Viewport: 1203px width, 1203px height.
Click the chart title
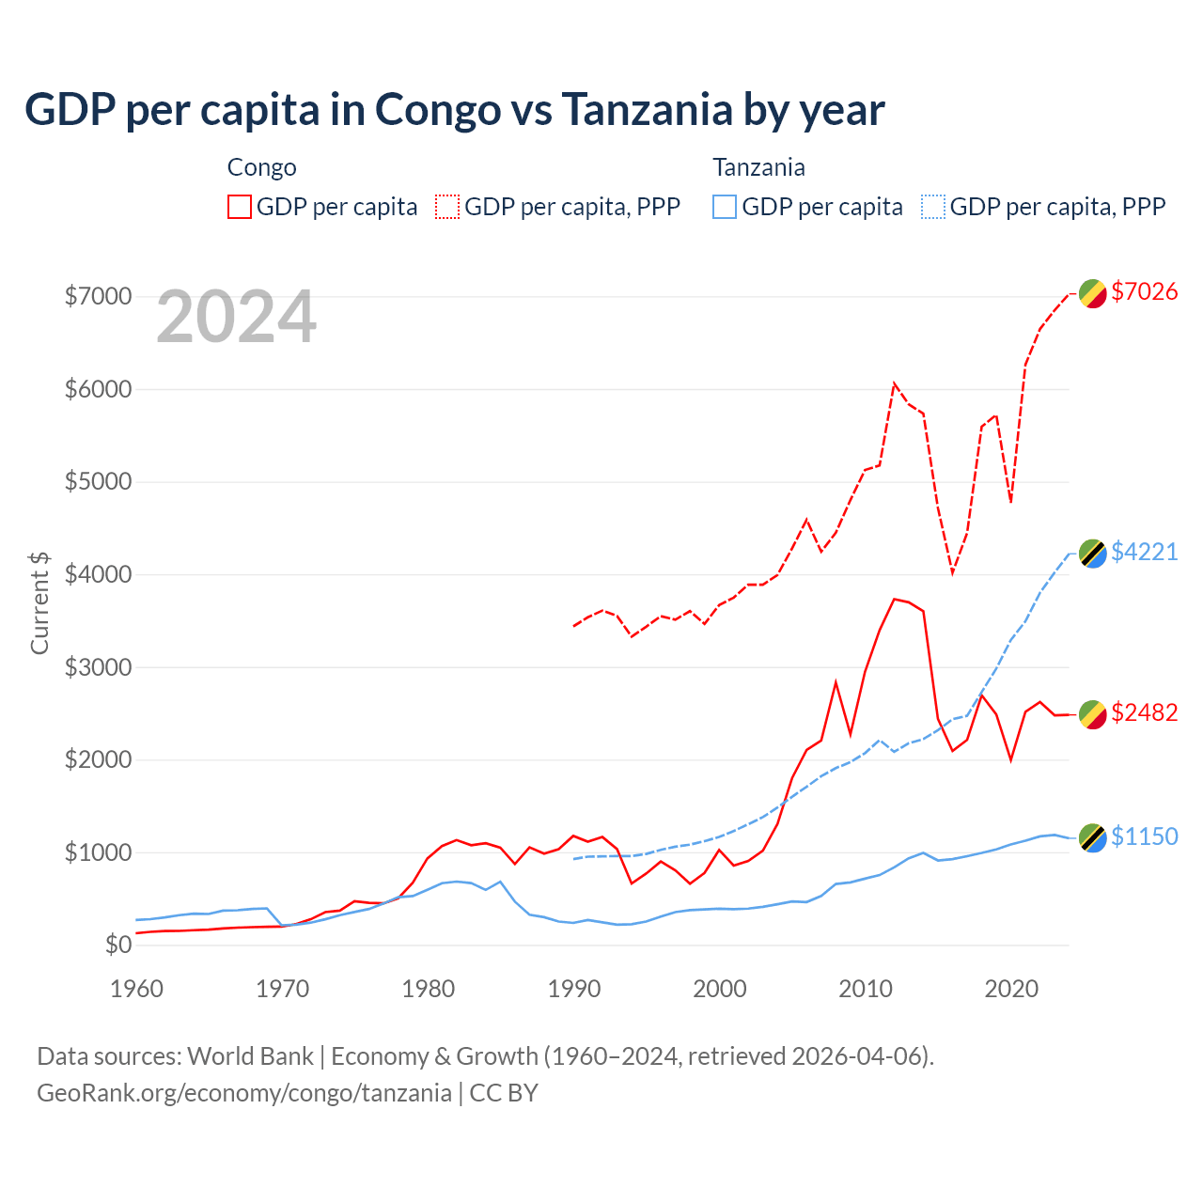454,110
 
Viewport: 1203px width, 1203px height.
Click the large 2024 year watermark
236,317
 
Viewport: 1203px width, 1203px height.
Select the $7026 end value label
1144,291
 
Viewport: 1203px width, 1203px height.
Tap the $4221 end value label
1144,552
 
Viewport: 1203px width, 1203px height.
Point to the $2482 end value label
1144,712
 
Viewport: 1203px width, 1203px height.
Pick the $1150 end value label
1144,836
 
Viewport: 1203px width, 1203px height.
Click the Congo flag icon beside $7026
1092,293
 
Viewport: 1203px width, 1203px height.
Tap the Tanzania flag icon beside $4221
1092,554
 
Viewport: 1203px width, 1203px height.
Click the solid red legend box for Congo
240,207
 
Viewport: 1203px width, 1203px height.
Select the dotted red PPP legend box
447,207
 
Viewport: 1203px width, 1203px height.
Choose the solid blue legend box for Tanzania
725,207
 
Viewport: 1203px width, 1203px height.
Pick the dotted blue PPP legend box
933,207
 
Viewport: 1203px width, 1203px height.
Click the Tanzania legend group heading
758,167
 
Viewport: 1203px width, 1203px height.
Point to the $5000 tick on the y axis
98,482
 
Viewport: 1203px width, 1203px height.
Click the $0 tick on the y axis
117,945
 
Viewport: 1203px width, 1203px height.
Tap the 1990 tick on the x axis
574,989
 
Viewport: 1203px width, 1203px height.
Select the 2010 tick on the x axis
866,989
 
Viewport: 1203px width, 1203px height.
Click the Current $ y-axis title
39,602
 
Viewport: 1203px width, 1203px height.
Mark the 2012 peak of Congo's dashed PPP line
894,383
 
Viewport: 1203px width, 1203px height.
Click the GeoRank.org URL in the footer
244,1093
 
